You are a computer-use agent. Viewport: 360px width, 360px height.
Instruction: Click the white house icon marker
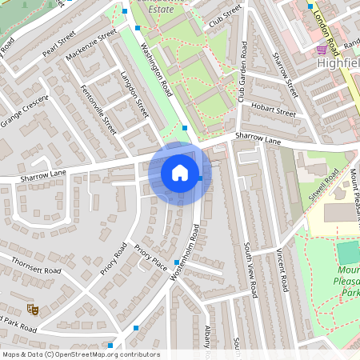coord(180,173)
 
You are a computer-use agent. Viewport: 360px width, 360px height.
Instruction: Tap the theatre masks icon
coord(33,308)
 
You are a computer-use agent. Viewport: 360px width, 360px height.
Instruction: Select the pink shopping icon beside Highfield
coord(321,49)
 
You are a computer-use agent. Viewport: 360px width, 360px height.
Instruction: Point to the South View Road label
coord(249,270)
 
